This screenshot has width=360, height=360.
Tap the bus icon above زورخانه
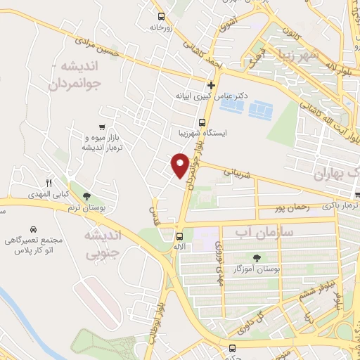[162, 15]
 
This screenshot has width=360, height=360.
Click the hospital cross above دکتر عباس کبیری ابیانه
[210, 85]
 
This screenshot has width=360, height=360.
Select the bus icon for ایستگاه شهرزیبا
[202, 120]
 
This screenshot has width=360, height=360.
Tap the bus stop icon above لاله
[180, 236]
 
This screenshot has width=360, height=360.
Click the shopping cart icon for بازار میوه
[103, 127]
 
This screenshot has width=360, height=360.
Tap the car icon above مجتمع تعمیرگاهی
[33, 230]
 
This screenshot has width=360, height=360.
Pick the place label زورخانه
[162, 27]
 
